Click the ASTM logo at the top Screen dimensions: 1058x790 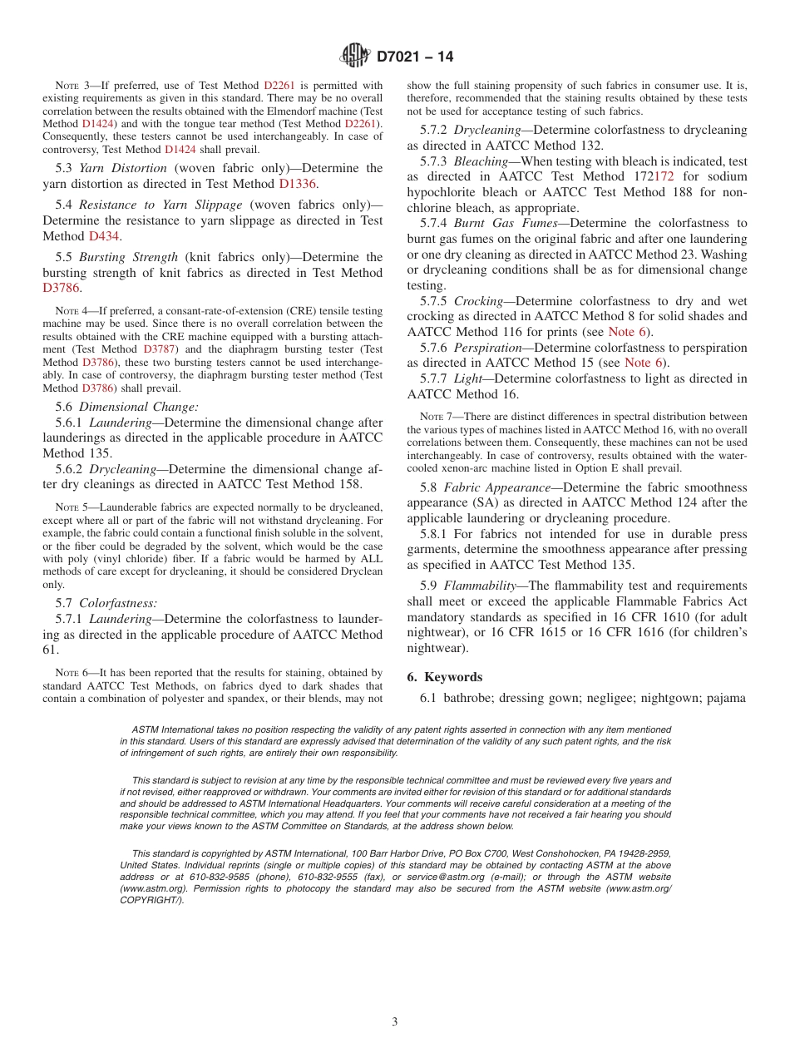(356, 57)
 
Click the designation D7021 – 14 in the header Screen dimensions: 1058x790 (415, 57)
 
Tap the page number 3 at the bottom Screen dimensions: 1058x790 (395, 1021)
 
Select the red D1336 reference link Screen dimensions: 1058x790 (297, 184)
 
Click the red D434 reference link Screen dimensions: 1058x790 (104, 236)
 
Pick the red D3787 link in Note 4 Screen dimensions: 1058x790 (159, 349)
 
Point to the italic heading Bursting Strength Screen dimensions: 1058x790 (128, 257)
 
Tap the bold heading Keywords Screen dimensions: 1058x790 (453, 677)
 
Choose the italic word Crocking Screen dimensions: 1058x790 (479, 301)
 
